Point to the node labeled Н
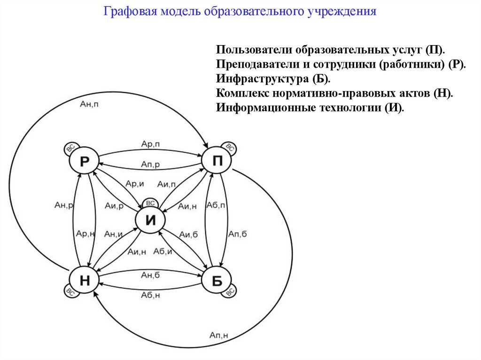[85, 281]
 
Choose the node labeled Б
[217, 281]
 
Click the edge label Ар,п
[150, 145]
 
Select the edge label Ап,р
[150, 164]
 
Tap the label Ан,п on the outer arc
[89, 104]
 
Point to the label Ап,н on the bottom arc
[219, 335]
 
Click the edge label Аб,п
[216, 206]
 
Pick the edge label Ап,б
[237, 234]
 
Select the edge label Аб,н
[150, 295]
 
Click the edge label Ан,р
[64, 205]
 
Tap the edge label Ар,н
[85, 233]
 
